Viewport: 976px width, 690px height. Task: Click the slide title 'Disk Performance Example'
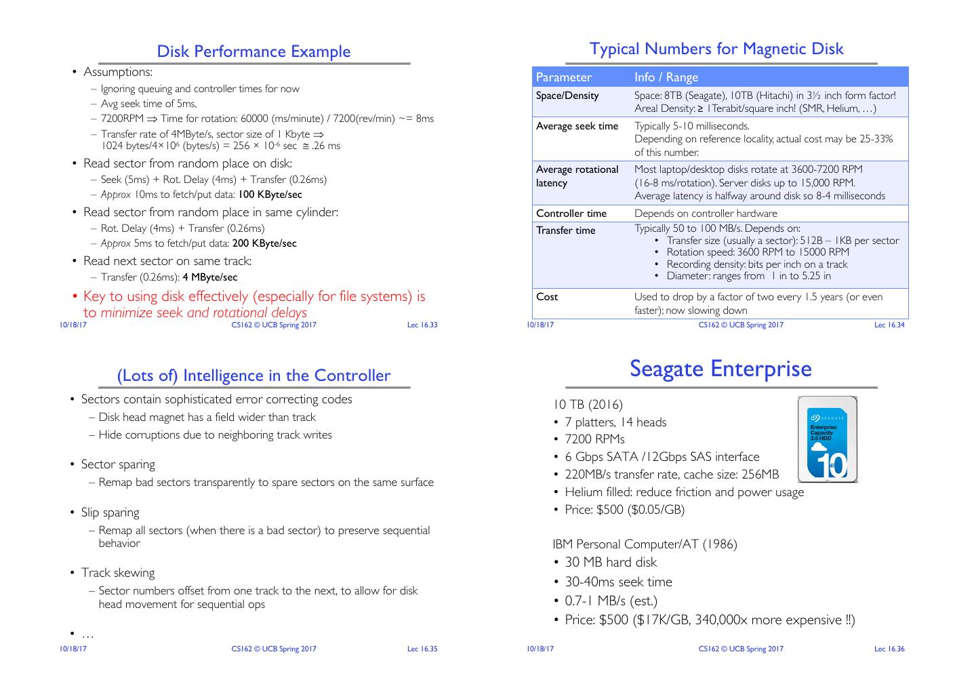253,52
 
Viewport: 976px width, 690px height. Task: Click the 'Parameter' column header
564,77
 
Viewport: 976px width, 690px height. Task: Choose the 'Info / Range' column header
666,77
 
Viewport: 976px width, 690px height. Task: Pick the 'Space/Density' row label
567,96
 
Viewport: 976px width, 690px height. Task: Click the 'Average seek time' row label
577,126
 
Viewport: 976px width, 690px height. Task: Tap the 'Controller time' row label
571,214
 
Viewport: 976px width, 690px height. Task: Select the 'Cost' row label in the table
547,297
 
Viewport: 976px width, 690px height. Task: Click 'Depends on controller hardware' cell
706,214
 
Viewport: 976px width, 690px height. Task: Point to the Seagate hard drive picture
828,439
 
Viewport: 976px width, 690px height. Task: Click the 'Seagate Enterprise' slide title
720,369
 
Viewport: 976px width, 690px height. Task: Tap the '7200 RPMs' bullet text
594,439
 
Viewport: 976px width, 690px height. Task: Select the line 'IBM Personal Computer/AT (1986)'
645,544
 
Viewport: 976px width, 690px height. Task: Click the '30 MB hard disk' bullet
611,563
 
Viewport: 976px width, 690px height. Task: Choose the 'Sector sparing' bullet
118,464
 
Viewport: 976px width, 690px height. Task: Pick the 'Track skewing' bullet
118,573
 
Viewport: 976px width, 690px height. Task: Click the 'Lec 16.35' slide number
422,649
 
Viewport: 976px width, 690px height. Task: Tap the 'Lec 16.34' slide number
889,325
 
